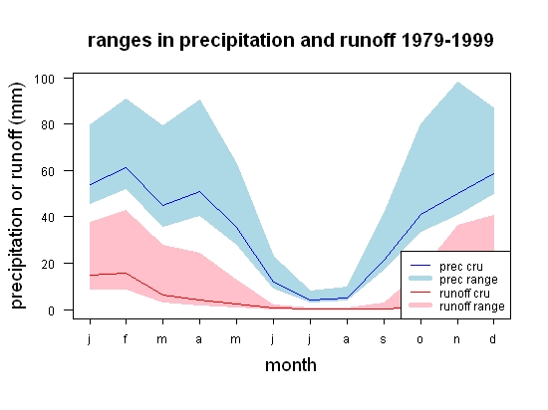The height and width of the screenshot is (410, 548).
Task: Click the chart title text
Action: point(290,40)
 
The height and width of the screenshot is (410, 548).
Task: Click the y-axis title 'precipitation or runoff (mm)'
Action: point(17,196)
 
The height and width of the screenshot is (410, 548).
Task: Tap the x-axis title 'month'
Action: point(291,365)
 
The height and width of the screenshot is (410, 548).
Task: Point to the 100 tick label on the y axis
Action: point(44,79)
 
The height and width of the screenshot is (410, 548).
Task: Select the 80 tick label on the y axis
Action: point(48,124)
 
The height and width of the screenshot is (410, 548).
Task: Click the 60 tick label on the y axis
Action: point(48,171)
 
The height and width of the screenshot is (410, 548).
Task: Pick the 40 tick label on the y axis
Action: point(48,217)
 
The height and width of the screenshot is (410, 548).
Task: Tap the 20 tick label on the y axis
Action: point(48,264)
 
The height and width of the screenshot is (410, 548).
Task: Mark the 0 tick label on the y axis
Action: point(52,310)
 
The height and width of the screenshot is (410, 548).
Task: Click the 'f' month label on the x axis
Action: point(126,338)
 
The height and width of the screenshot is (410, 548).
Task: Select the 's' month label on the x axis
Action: point(384,340)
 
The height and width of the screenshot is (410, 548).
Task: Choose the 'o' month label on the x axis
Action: point(420,340)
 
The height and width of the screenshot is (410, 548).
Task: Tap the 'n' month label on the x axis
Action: point(456,340)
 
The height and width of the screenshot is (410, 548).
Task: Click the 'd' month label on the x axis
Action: point(493,338)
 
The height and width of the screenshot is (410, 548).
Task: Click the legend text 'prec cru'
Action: point(461,267)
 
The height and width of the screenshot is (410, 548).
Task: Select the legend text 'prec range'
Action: point(468,280)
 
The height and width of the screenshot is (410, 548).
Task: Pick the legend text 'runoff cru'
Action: point(464,294)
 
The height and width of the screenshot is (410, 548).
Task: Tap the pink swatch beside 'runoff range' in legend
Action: point(420,306)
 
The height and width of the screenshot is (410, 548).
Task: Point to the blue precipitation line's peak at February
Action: point(126,167)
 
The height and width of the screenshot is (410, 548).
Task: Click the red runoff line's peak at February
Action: point(126,274)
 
